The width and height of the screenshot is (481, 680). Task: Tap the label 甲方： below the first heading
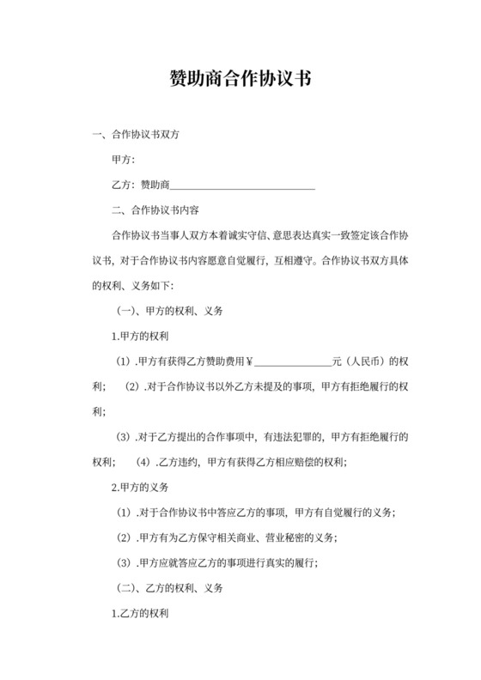[124, 161]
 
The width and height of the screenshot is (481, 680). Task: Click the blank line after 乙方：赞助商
[243, 185]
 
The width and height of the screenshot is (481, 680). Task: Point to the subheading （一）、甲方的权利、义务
[169, 310]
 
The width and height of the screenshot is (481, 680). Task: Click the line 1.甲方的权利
[140, 335]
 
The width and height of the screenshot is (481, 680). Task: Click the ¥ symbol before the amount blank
[249, 361]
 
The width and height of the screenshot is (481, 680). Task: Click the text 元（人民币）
[362, 361]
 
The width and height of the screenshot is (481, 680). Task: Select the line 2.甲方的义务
[140, 487]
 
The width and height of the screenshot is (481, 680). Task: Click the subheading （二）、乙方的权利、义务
[169, 588]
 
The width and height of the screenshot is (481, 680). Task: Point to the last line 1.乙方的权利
[140, 614]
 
